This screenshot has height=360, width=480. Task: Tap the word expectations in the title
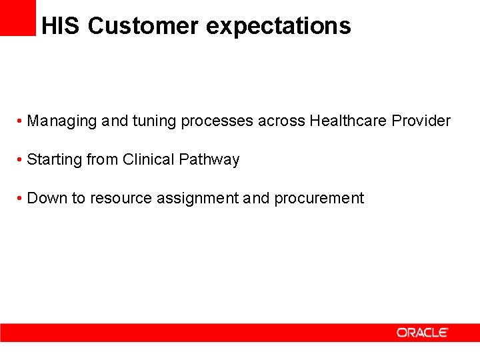[x=278, y=26]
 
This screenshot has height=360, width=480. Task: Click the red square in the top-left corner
[x=17, y=17]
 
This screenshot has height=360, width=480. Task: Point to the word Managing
[x=62, y=121]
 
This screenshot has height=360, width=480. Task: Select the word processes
[x=217, y=121]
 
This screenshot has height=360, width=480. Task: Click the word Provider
[x=421, y=121]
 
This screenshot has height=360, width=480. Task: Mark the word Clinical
[x=149, y=160]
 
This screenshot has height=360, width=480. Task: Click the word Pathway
[x=209, y=160]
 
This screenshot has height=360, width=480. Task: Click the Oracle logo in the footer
[x=423, y=332]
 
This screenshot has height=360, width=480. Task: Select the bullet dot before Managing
[x=21, y=122]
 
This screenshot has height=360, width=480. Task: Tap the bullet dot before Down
[x=21, y=199]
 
